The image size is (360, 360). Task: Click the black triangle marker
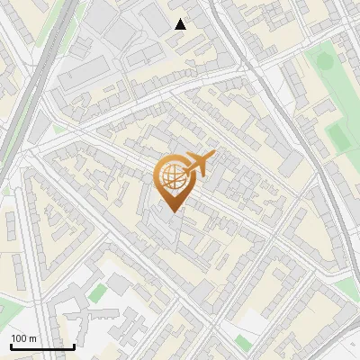pos(180,24)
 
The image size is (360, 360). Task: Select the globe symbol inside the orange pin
pos(171,176)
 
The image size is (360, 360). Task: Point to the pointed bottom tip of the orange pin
pos(171,211)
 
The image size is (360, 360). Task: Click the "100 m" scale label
pos(23,338)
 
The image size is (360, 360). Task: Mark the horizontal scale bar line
pos(42,346)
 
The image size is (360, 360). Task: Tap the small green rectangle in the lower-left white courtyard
pos(97,293)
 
